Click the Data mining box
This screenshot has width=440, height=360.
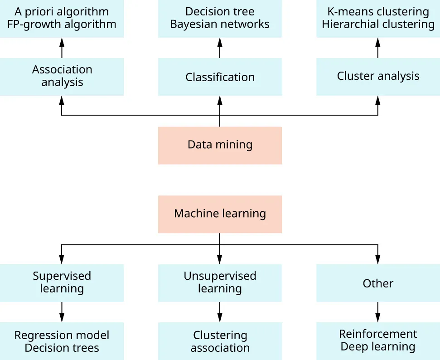220,145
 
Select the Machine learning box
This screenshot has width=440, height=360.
220,214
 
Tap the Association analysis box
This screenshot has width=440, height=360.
62,76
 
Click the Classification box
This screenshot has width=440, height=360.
220,77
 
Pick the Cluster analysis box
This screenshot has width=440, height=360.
378,76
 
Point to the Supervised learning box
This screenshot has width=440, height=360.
62,282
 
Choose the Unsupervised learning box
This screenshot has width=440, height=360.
220,282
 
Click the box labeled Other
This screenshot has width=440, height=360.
378,283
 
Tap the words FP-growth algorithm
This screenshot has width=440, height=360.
62,24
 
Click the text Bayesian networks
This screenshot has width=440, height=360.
220,24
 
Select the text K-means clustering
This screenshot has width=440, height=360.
378,12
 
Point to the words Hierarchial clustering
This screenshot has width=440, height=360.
378,24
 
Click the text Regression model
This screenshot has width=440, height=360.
62,335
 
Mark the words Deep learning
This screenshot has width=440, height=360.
378,347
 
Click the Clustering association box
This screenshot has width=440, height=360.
220,341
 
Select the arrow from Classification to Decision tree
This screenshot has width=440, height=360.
220,48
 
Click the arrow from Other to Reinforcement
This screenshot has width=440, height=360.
378,312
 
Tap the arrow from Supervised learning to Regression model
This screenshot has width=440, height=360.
62,312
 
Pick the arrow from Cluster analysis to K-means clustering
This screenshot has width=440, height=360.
378,48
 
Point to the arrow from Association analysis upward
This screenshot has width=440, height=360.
62,48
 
